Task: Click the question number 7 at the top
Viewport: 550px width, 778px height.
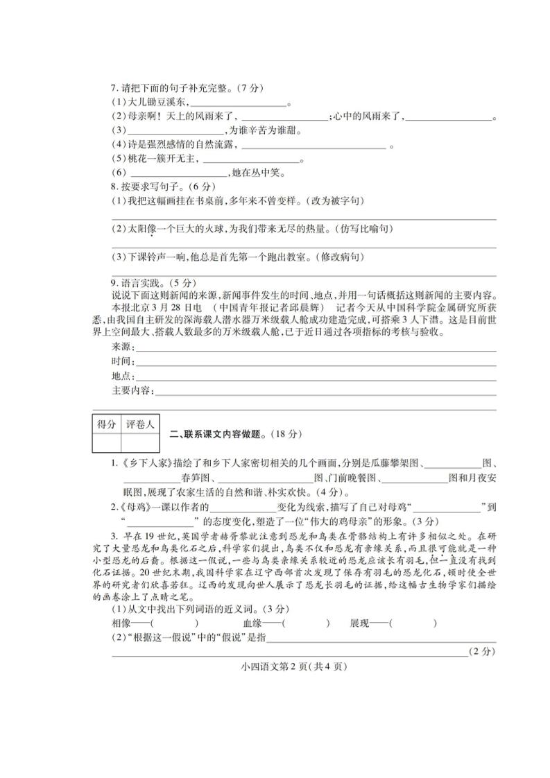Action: [114, 89]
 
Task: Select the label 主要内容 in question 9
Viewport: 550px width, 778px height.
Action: [131, 391]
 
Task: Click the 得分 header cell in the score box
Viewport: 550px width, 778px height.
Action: [106, 423]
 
